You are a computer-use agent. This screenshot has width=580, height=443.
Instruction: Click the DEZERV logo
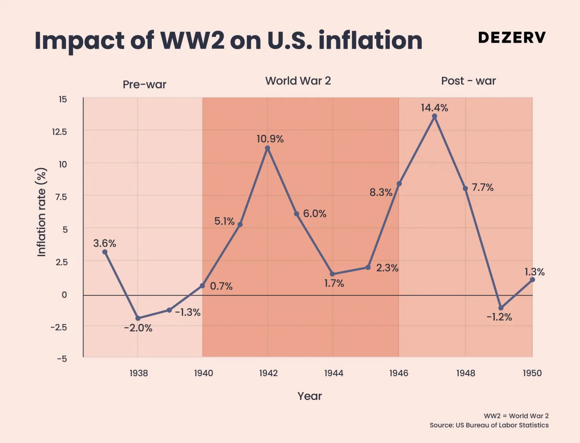tap(512, 37)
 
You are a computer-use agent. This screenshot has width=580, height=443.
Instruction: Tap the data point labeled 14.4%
tap(435, 117)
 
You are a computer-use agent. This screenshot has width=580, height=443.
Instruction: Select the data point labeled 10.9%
tap(268, 148)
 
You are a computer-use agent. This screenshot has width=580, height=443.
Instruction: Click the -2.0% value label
tap(138, 328)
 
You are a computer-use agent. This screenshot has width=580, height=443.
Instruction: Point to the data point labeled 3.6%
tap(105, 252)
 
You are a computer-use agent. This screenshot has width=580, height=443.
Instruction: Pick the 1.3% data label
tap(534, 272)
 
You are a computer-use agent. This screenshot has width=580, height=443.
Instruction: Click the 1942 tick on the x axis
tap(268, 373)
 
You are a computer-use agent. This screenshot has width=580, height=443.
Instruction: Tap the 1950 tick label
tap(532, 373)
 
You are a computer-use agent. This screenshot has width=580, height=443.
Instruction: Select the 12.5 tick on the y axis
tap(59, 132)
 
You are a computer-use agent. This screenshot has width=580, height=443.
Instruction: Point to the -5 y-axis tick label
tap(62, 359)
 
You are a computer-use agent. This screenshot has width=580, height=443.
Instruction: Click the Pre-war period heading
tap(145, 84)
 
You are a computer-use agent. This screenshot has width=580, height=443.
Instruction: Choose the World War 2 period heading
tap(298, 81)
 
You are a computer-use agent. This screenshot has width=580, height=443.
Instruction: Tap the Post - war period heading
tap(468, 81)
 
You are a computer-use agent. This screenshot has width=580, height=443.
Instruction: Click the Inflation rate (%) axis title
tap(42, 212)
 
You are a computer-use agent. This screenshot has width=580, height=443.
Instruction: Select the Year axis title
tap(310, 396)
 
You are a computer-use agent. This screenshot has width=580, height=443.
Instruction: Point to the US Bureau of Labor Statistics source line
tap(489, 425)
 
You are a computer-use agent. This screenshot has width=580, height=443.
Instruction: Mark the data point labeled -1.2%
tap(501, 308)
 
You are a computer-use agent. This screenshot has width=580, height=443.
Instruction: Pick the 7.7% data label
tap(483, 187)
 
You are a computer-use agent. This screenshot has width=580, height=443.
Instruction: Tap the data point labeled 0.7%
tap(202, 286)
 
